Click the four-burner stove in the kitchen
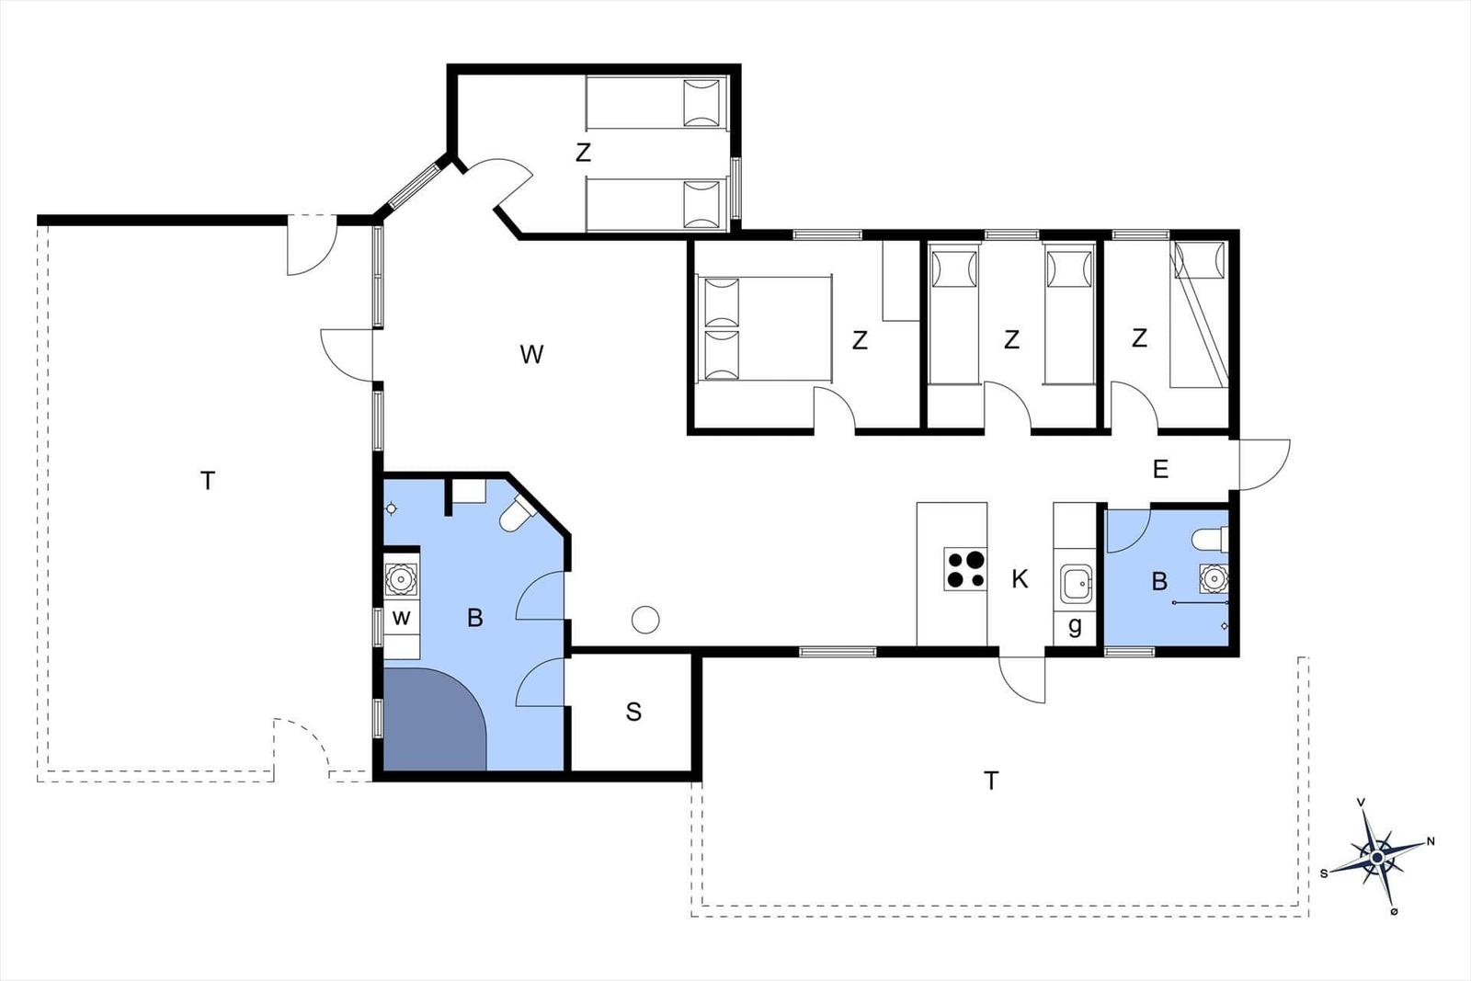tap(965, 569)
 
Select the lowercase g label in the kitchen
tap(1075, 626)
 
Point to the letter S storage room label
tap(633, 712)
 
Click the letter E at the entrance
tap(1160, 469)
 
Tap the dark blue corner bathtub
tap(433, 719)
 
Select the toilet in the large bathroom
tap(516, 513)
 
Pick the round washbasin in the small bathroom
tap(1214, 578)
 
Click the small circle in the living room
tap(645, 619)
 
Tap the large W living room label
tap(531, 355)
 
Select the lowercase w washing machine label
tap(401, 618)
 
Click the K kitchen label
tap(1020, 579)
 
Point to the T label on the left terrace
tap(208, 481)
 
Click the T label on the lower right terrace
tap(991, 781)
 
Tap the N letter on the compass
tap(1431, 841)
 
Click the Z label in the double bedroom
tap(860, 340)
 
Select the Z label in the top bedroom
tap(583, 153)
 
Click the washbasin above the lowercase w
tap(400, 579)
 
